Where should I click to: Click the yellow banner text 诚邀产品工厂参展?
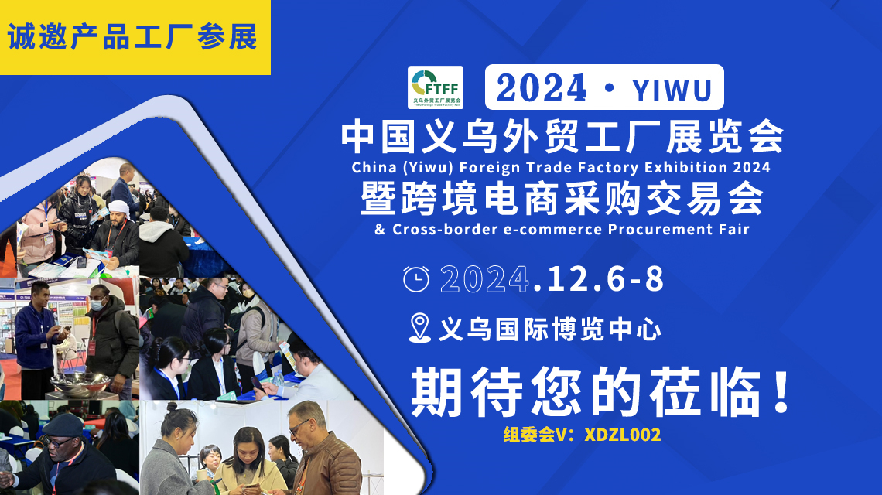(x=132, y=37)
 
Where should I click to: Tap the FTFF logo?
(x=436, y=87)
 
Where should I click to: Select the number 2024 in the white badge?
(x=542, y=90)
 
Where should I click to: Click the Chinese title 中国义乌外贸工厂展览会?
(x=562, y=137)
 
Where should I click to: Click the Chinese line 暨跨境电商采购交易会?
(x=562, y=198)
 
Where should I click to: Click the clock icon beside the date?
(x=416, y=279)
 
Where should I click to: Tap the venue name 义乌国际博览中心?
(x=549, y=330)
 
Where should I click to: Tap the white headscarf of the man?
(x=118, y=208)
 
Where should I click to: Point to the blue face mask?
(x=97, y=305)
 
